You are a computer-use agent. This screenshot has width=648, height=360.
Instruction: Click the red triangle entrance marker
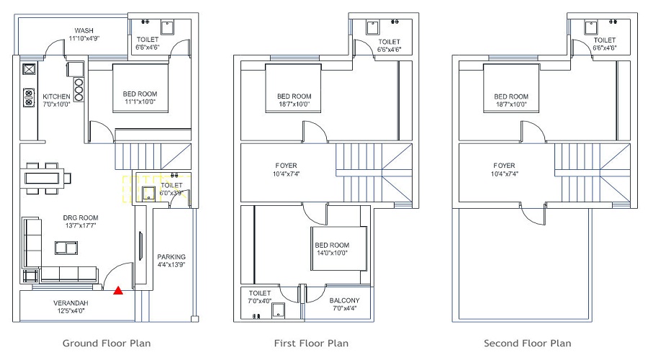tap(117, 291)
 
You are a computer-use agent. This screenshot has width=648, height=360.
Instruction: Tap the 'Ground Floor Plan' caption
tap(107, 343)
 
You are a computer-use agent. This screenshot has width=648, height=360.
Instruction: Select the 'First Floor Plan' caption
tap(311, 343)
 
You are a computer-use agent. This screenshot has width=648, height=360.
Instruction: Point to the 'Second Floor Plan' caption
tap(528, 343)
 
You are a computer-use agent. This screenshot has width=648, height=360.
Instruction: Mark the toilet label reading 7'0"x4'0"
tap(259, 297)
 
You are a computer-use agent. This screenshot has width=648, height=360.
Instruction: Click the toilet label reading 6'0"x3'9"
tap(171, 189)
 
